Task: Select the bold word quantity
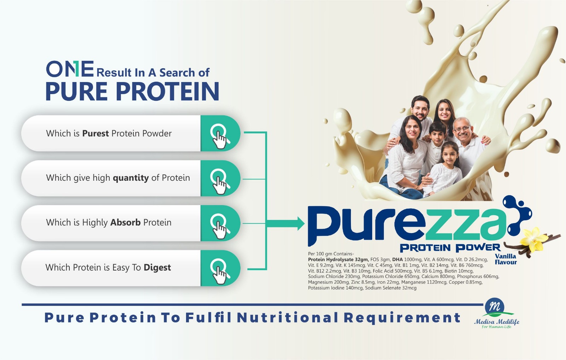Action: point(131,178)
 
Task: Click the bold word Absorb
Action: point(125,222)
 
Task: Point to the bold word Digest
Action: point(157,268)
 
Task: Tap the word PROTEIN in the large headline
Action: point(168,91)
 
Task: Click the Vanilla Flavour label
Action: point(506,259)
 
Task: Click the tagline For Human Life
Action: point(496,327)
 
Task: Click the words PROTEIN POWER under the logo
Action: point(450,248)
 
